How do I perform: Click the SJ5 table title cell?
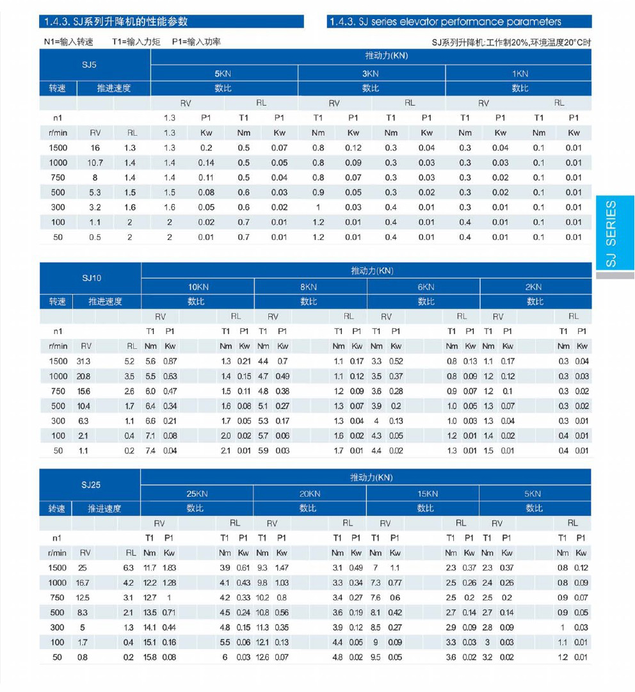point(90,65)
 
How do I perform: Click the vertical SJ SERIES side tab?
point(611,233)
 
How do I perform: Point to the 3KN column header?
point(371,74)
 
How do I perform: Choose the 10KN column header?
point(198,287)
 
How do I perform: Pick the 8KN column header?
point(309,287)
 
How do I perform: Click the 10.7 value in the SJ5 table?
point(95,163)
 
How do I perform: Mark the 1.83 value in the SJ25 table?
point(170,568)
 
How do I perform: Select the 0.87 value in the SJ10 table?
point(170,361)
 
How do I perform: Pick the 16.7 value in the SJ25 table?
point(83,583)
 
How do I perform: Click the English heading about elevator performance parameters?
point(445,22)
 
